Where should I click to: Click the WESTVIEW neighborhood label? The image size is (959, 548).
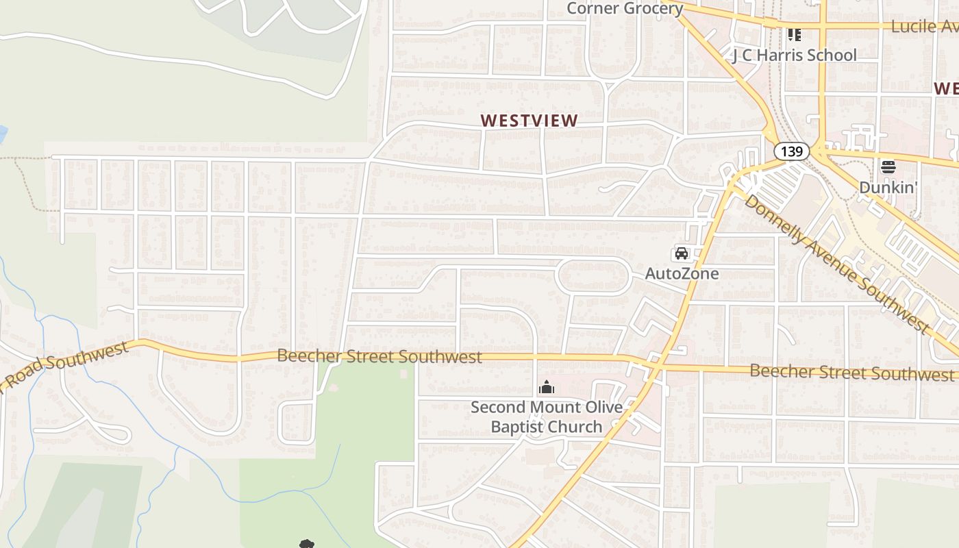point(529,121)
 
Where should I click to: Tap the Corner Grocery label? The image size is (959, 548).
point(625,8)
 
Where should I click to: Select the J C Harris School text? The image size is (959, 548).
point(795,55)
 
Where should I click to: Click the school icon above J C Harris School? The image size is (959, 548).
point(794,34)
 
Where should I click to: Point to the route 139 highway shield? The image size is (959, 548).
point(792,151)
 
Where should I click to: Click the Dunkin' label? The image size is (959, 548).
point(888,187)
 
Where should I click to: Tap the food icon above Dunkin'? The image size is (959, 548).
point(888,166)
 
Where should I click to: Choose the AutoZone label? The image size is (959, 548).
point(682,273)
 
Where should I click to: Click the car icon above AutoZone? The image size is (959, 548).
point(682,253)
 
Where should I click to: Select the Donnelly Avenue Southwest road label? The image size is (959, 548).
point(837,264)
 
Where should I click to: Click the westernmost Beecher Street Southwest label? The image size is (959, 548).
point(379,356)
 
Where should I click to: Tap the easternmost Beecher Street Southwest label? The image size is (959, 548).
point(852,373)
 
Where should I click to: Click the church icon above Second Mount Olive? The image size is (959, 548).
point(546,388)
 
